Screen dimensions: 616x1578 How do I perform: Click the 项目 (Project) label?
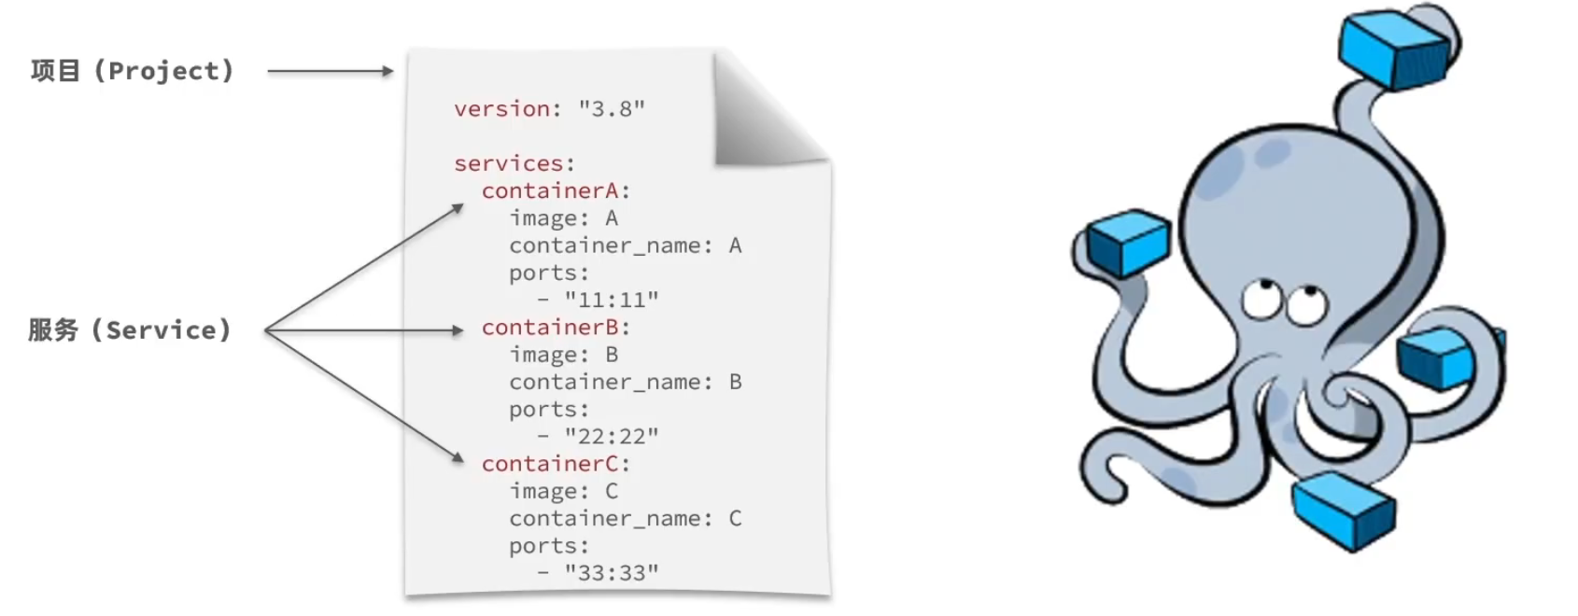click(132, 71)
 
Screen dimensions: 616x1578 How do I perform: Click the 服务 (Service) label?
click(130, 329)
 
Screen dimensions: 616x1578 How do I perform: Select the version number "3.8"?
click(612, 108)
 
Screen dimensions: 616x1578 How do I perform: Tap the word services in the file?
click(509, 163)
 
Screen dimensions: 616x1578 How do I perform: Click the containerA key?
click(550, 190)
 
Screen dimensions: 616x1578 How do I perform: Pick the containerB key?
click(550, 328)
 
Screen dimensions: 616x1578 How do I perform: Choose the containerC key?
click(550, 464)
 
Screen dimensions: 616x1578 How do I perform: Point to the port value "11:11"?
click(612, 300)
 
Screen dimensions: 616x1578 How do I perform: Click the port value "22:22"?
click(612, 436)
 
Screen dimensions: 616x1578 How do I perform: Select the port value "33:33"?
click(612, 572)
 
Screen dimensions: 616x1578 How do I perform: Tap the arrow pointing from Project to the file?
click(330, 71)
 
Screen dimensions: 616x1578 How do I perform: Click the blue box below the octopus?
click(1343, 511)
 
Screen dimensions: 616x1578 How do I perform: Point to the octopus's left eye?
click(1260, 299)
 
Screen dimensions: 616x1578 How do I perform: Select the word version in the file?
click(501, 108)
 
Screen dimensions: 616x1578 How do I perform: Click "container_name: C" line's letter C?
click(735, 518)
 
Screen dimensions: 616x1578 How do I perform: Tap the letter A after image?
click(612, 218)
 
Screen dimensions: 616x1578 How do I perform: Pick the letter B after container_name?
click(735, 382)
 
